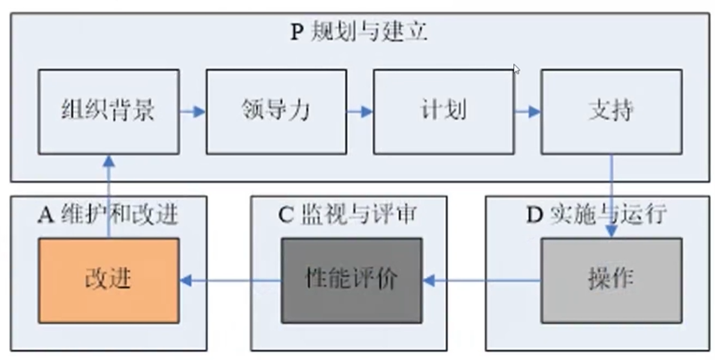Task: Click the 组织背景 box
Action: click(109, 112)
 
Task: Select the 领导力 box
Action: click(276, 112)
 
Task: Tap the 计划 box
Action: click(443, 112)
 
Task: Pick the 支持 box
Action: click(611, 112)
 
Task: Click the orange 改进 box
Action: click(109, 280)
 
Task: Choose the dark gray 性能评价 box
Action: click(351, 280)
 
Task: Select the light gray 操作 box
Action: click(611, 280)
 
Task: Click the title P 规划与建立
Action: click(359, 32)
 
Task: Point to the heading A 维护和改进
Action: click(108, 215)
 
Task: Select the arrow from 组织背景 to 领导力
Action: click(192, 112)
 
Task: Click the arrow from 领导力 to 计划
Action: click(359, 112)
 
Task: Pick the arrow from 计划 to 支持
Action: click(527, 112)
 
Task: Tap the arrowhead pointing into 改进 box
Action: click(186, 280)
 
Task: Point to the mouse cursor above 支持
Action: click(516, 69)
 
